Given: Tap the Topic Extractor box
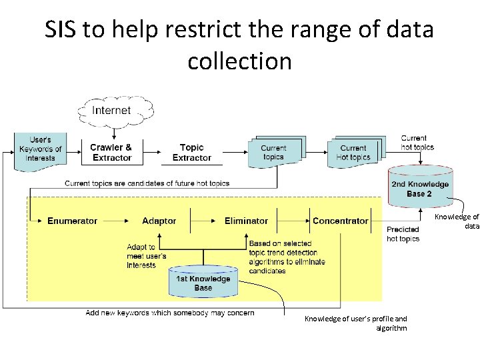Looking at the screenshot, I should [x=192, y=152].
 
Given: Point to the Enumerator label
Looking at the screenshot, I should [x=72, y=221].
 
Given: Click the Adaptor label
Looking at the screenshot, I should [x=159, y=221].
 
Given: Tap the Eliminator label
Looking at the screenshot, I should [x=246, y=221].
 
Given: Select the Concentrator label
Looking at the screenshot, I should [x=340, y=221].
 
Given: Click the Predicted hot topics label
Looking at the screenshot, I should [x=403, y=234].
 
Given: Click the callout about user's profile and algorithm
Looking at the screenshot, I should [x=355, y=323].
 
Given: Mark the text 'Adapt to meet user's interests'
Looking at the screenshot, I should [x=146, y=256].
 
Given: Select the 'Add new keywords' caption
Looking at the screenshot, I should [x=170, y=313].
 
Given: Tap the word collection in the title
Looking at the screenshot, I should [x=239, y=61].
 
